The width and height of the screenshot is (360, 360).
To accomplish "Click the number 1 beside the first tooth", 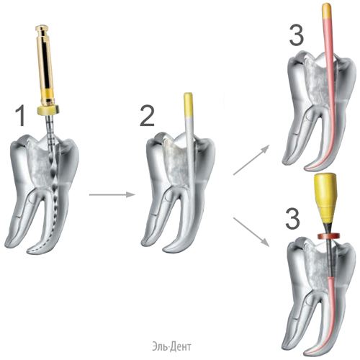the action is pos(21,116).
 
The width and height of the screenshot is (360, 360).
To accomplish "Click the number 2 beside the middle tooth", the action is pos(147,116).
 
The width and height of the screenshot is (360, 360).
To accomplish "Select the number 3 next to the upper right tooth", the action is pos(296,35).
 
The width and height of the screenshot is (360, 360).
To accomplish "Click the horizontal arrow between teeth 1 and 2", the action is pos(112,195).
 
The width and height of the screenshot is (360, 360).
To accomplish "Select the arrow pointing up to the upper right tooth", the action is pos(251,160).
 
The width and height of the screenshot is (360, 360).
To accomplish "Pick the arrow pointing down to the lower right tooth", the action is pos(251,232).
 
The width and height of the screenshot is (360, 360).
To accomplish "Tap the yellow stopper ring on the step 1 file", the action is pos(48,110).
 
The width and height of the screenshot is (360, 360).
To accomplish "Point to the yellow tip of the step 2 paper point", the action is pos(188,104).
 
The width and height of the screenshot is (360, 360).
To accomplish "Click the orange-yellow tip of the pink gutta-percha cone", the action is pos(327,11).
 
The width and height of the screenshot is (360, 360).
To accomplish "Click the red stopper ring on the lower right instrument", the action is pos(327,236).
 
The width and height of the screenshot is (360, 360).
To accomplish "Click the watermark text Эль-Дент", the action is pos(171,346).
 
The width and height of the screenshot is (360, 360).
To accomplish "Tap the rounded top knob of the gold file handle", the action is pos(43,28).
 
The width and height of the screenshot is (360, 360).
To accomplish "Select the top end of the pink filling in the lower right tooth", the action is pos(330,278).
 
